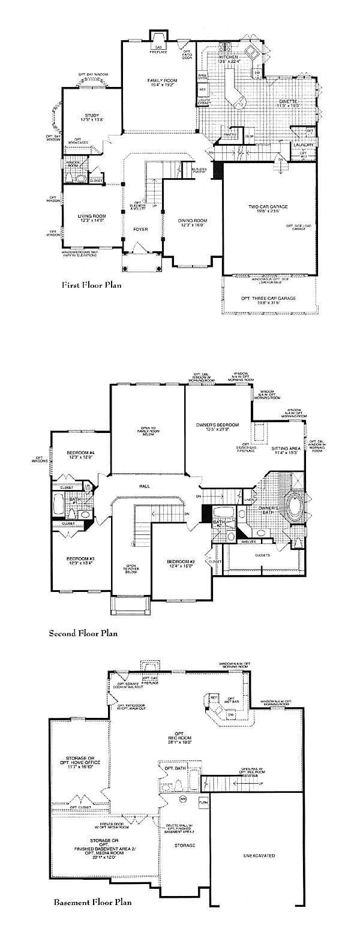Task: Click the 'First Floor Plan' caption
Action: pos(92,285)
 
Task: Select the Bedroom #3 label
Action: pos(79,561)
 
